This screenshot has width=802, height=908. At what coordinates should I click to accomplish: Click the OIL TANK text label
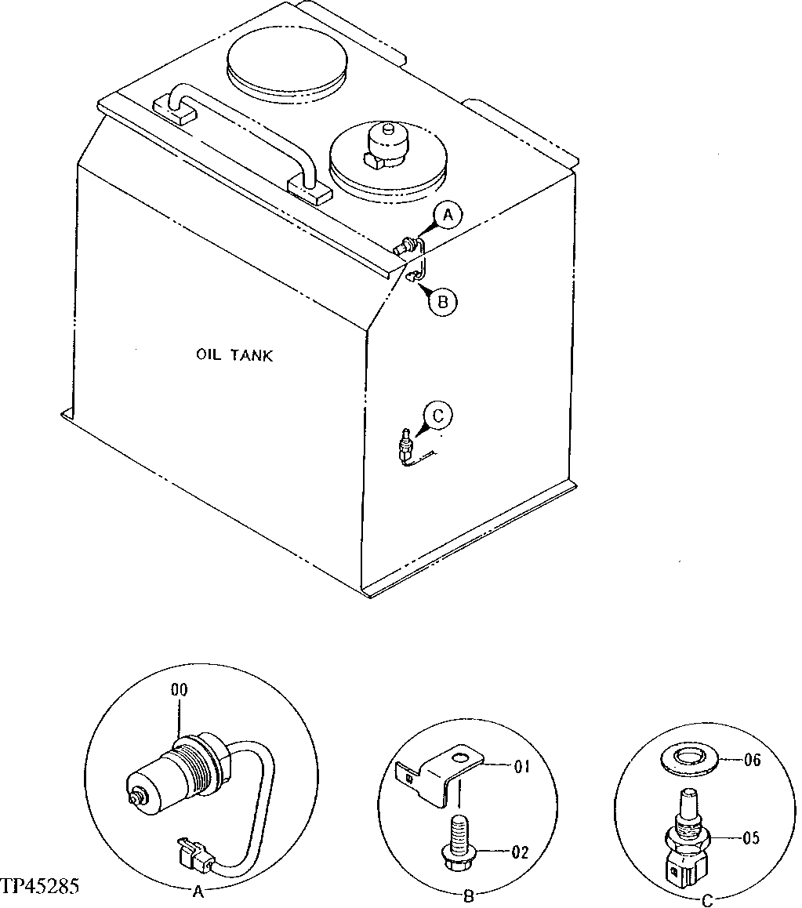pyautogui.click(x=234, y=355)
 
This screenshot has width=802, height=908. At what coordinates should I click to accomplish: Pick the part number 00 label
pyautogui.click(x=179, y=690)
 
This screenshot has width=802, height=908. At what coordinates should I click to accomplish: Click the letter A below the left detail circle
pyautogui.click(x=198, y=891)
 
